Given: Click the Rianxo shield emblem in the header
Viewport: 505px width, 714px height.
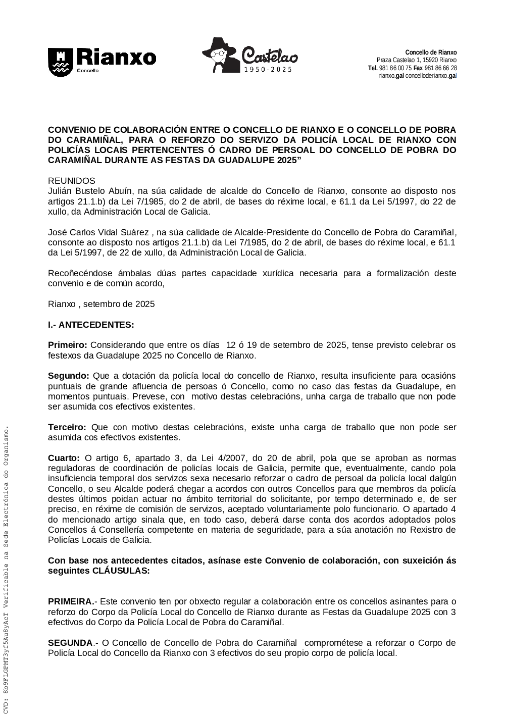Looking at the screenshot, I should pos(60,62).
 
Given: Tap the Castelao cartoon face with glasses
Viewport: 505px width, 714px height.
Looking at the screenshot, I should pos(219,56).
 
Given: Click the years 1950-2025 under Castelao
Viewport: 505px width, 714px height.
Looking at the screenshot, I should pos(268,70).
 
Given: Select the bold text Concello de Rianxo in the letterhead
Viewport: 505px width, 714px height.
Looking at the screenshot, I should pos(431,53).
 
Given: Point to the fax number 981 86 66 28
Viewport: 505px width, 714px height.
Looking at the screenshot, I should pos(441,68).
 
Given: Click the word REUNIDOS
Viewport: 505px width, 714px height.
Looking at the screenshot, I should pos(71,181).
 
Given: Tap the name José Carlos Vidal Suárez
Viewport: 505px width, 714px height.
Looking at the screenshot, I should pos(98,232).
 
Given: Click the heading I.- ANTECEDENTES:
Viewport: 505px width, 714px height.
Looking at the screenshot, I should pos(91,325).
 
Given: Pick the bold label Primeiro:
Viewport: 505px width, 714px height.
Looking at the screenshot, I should pos(68,345).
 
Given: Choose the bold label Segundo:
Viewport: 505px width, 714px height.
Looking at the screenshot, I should pos(68,376).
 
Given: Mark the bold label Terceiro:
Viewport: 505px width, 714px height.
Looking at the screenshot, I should pos(67,428).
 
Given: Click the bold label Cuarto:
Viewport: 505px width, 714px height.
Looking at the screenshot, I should pos(64,458).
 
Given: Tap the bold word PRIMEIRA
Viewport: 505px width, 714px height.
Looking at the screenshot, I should pos(70,602).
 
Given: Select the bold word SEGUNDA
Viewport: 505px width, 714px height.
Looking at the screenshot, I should pos(70,643).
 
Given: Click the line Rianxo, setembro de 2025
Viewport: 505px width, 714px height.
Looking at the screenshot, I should pos(102,304).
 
